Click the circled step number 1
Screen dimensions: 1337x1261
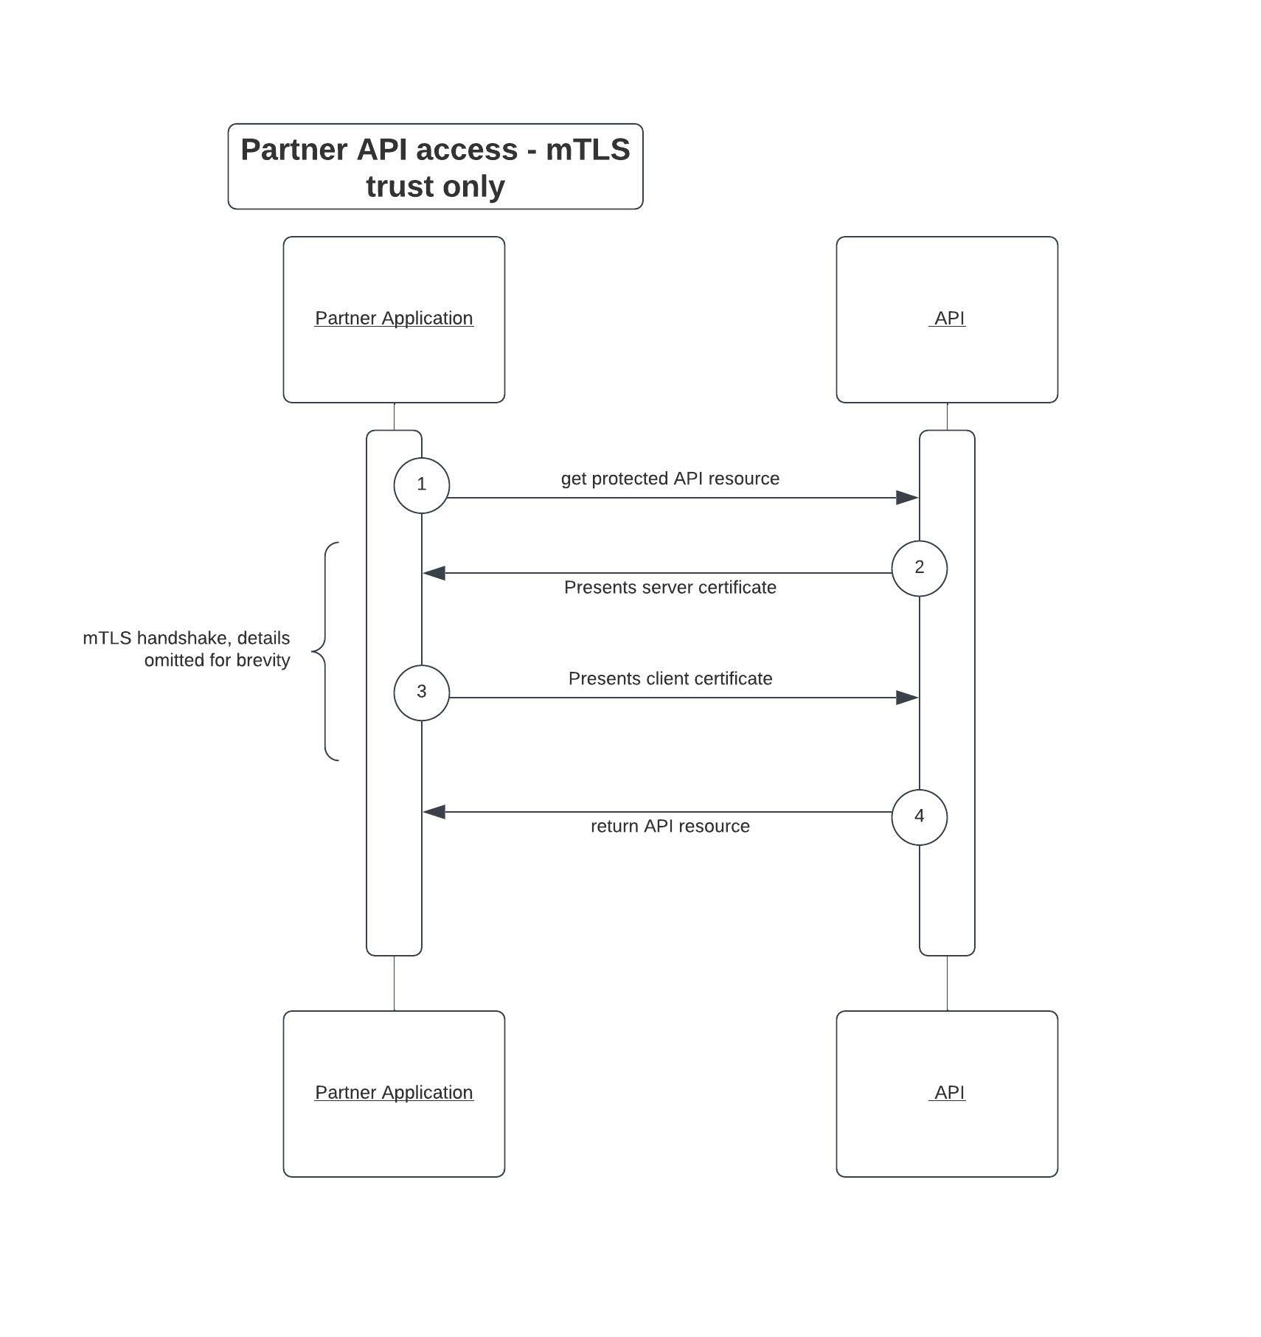tap(421, 485)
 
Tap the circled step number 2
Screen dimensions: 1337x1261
tap(919, 567)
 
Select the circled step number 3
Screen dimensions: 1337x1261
tap(421, 692)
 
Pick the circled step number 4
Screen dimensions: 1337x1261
tap(919, 816)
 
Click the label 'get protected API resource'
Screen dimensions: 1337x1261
tap(670, 479)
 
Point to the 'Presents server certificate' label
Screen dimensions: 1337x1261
tap(670, 587)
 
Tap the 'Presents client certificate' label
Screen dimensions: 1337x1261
tap(670, 678)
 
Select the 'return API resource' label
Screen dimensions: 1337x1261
tap(670, 826)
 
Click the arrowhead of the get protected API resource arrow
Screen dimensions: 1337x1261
tap(907, 498)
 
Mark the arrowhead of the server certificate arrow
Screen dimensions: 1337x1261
tap(434, 573)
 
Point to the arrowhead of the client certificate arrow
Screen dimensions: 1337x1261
tap(907, 698)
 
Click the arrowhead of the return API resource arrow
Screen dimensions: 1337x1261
tap(434, 812)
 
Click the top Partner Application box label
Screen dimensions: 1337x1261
tap(394, 318)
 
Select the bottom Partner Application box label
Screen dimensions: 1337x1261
tap(394, 1092)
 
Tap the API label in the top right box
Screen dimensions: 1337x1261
tap(949, 318)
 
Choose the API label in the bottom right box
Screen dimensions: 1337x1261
tap(949, 1092)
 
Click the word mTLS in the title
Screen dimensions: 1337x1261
tap(587, 150)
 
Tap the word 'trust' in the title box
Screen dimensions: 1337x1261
tap(399, 186)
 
